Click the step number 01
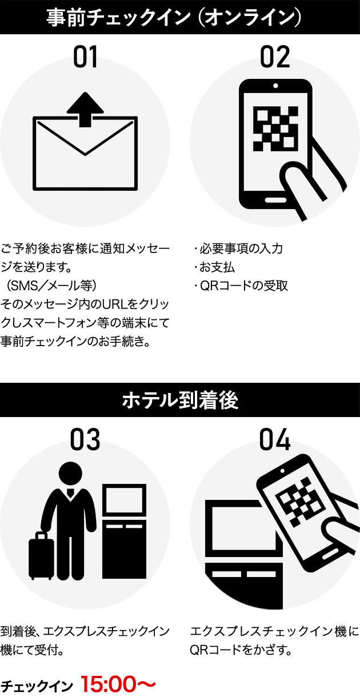coord(85,58)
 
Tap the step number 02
coord(275,58)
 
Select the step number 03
coord(85,440)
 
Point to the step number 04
coord(275,440)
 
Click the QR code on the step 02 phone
coord(275,129)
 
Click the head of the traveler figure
coord(70,474)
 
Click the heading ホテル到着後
coord(180,400)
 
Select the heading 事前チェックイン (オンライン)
coord(180,17)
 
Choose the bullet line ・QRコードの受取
coord(240,285)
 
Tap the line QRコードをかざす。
coord(241,650)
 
